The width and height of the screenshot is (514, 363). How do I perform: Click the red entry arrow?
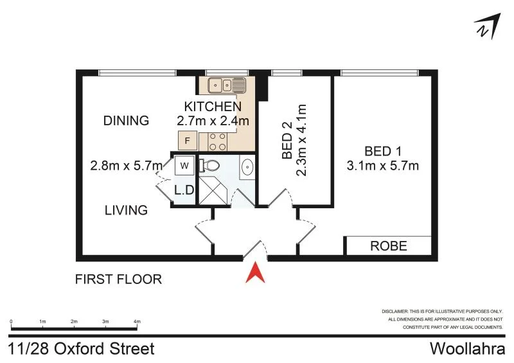256,272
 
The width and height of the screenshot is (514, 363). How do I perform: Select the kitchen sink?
227,84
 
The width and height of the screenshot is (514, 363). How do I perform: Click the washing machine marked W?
184,166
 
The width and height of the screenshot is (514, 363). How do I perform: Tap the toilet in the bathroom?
210,166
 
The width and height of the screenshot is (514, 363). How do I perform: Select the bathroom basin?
247,166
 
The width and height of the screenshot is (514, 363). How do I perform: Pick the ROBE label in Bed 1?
387,245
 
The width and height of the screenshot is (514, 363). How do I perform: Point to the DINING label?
126,120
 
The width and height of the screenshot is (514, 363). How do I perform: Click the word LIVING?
127,210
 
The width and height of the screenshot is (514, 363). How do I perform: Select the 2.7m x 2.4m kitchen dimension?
213,120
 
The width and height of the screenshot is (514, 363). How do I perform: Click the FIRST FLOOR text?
118,279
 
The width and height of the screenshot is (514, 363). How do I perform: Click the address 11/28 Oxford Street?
82,349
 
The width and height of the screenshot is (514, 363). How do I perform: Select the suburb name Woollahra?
467,349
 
